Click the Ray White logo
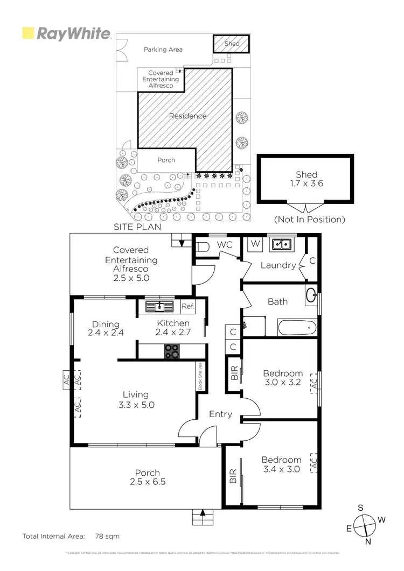(66, 33)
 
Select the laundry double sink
(281, 244)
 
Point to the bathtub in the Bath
(296, 327)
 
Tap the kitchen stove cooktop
(172, 351)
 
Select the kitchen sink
(160, 307)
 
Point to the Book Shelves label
(199, 376)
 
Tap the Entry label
(220, 414)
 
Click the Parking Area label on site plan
(163, 50)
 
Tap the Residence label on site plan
(187, 116)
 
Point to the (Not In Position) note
(309, 220)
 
